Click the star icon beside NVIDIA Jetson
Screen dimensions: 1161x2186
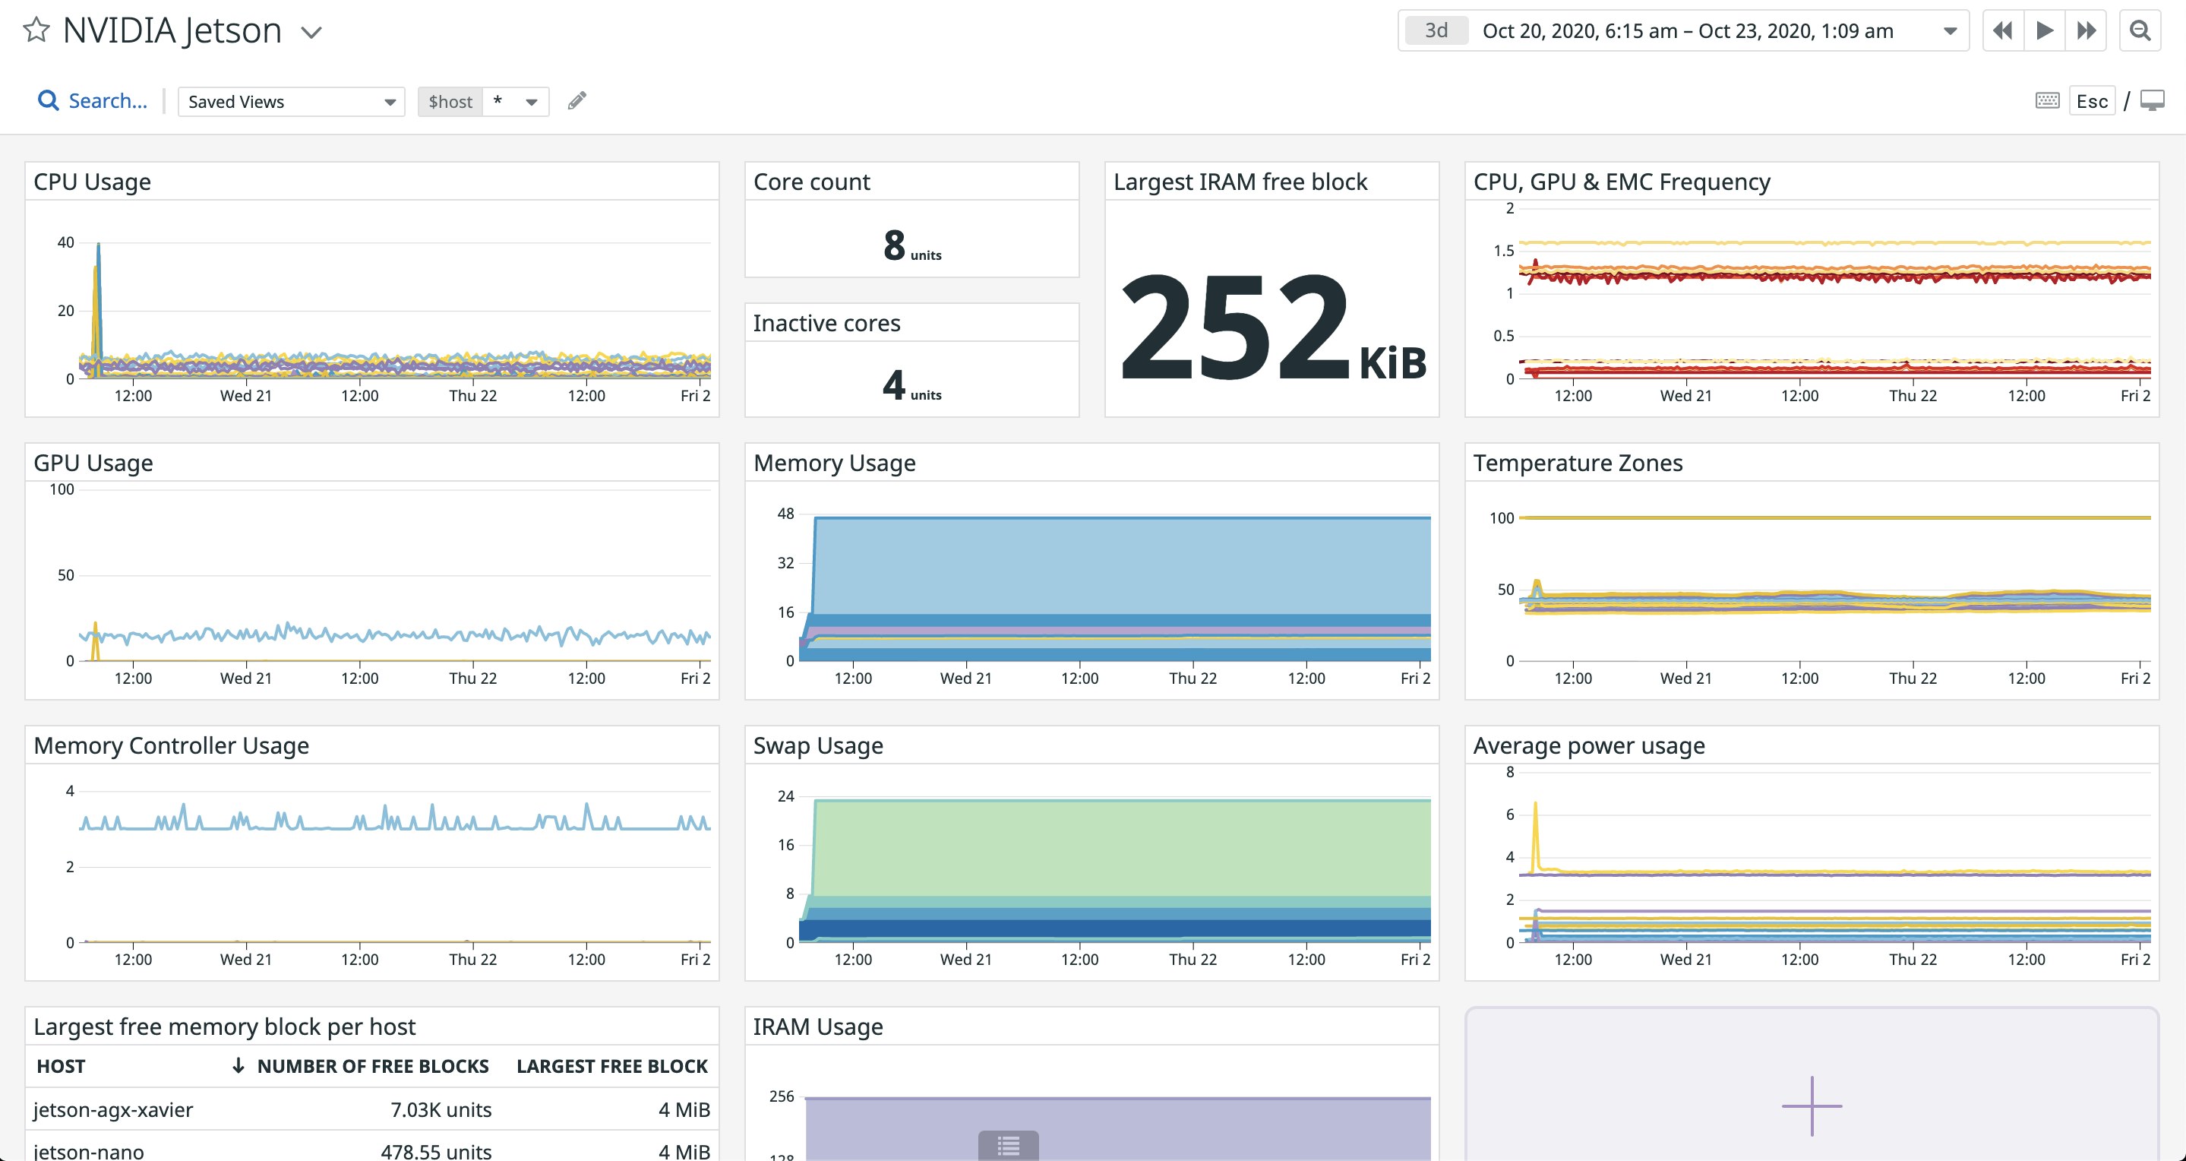36,31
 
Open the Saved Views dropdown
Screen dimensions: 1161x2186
291,102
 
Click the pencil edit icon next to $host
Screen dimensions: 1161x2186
577,101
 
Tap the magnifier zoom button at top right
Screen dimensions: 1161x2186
2140,31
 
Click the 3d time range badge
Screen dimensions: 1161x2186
1436,31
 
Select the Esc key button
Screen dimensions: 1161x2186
2092,102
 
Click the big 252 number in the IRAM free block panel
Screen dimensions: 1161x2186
1235,327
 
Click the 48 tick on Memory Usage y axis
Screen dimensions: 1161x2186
786,514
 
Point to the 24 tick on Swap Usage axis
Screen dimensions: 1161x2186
786,796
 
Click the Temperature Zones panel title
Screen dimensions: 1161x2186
1578,463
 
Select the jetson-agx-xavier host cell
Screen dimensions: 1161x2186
114,1109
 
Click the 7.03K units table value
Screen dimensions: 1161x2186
441,1109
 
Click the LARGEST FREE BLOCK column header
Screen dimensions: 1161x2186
612,1067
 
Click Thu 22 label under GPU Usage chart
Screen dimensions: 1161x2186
472,678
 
